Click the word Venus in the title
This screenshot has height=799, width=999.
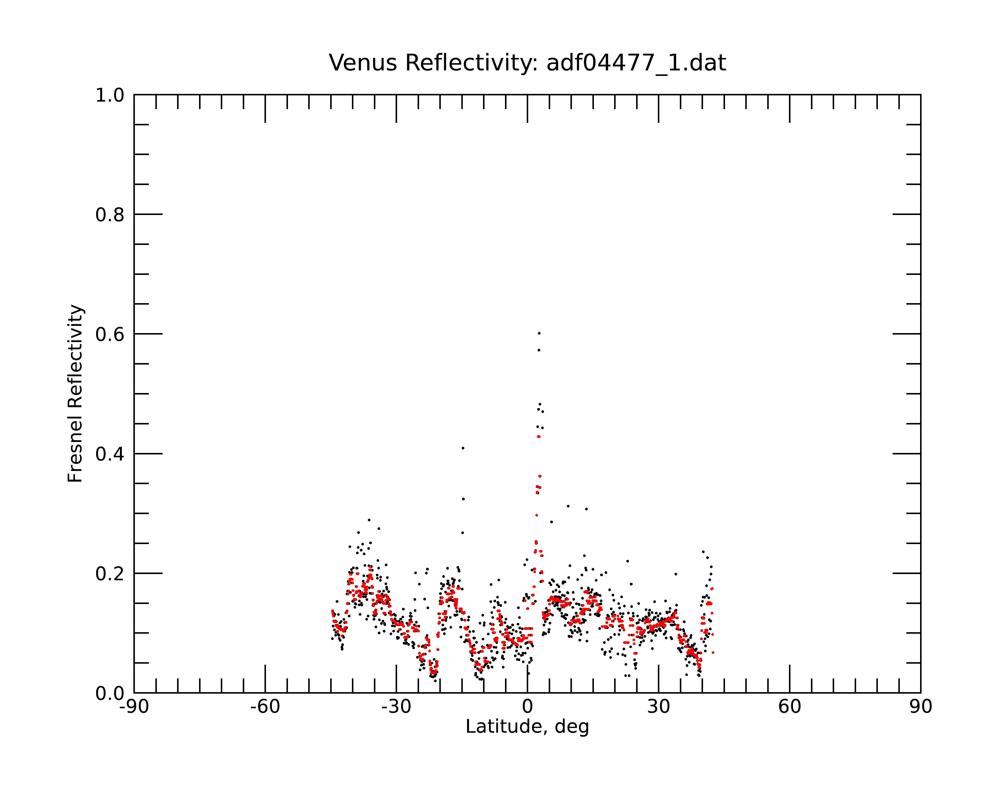pos(363,63)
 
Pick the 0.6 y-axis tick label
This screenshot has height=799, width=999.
pos(110,334)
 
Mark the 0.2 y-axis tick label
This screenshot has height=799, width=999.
pos(110,574)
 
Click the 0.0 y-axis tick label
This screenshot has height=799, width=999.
pos(110,693)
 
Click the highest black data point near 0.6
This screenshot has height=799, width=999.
pos(539,334)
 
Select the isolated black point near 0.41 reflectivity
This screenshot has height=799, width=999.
pos(463,448)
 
